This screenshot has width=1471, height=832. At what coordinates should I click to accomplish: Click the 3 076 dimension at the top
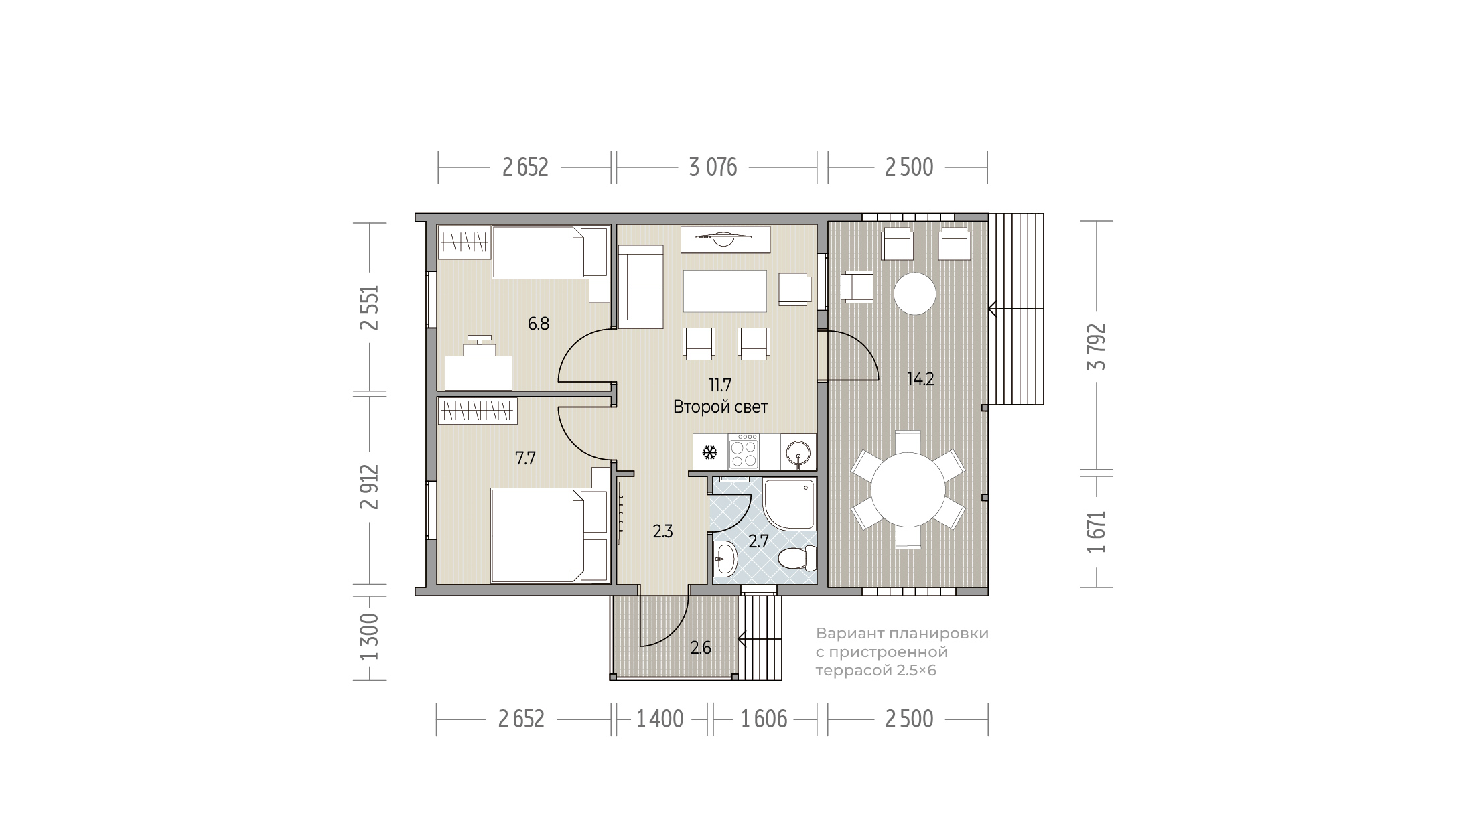(713, 167)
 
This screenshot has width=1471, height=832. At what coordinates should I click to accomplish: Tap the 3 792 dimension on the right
(1097, 346)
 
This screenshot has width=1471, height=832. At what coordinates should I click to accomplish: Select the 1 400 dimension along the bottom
(660, 719)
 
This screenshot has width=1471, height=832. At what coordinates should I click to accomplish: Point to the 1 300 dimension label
(369, 636)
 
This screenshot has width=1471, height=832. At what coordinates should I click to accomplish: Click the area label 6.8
(539, 324)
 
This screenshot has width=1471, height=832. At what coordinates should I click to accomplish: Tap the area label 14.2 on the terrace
(920, 379)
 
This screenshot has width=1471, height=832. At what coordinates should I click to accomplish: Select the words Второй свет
(720, 407)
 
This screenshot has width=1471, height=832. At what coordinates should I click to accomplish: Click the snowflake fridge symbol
(709, 453)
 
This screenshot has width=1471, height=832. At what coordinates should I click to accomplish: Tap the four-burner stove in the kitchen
(744, 451)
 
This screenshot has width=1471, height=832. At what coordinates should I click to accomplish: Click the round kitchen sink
(798, 452)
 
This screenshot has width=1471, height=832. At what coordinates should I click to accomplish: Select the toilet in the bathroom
(798, 557)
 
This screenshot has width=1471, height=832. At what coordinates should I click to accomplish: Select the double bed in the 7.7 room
(549, 535)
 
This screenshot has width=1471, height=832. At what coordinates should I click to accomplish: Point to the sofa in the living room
(640, 287)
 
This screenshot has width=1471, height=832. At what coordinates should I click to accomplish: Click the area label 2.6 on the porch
(701, 648)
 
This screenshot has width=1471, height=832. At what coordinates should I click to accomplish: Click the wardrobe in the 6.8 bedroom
(466, 241)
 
